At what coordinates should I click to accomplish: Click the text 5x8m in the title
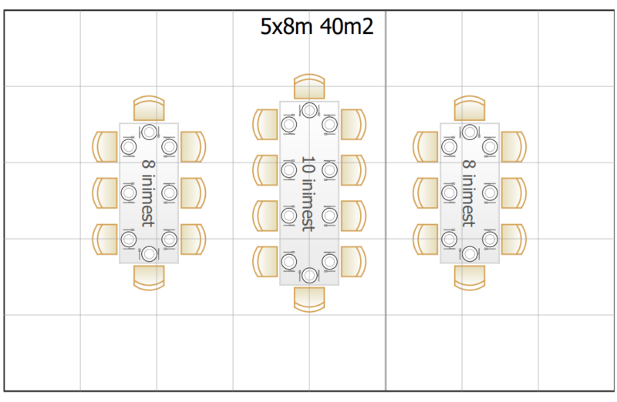286,27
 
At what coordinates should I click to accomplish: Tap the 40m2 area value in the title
346,27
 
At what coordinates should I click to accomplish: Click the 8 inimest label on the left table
148,193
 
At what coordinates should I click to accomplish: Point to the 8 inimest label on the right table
469,193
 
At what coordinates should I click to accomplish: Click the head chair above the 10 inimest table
309,86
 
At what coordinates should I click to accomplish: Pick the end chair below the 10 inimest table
309,300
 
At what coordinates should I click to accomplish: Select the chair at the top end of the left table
149,108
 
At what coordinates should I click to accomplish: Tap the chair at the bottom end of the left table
149,278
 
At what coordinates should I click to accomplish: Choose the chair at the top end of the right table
470,108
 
